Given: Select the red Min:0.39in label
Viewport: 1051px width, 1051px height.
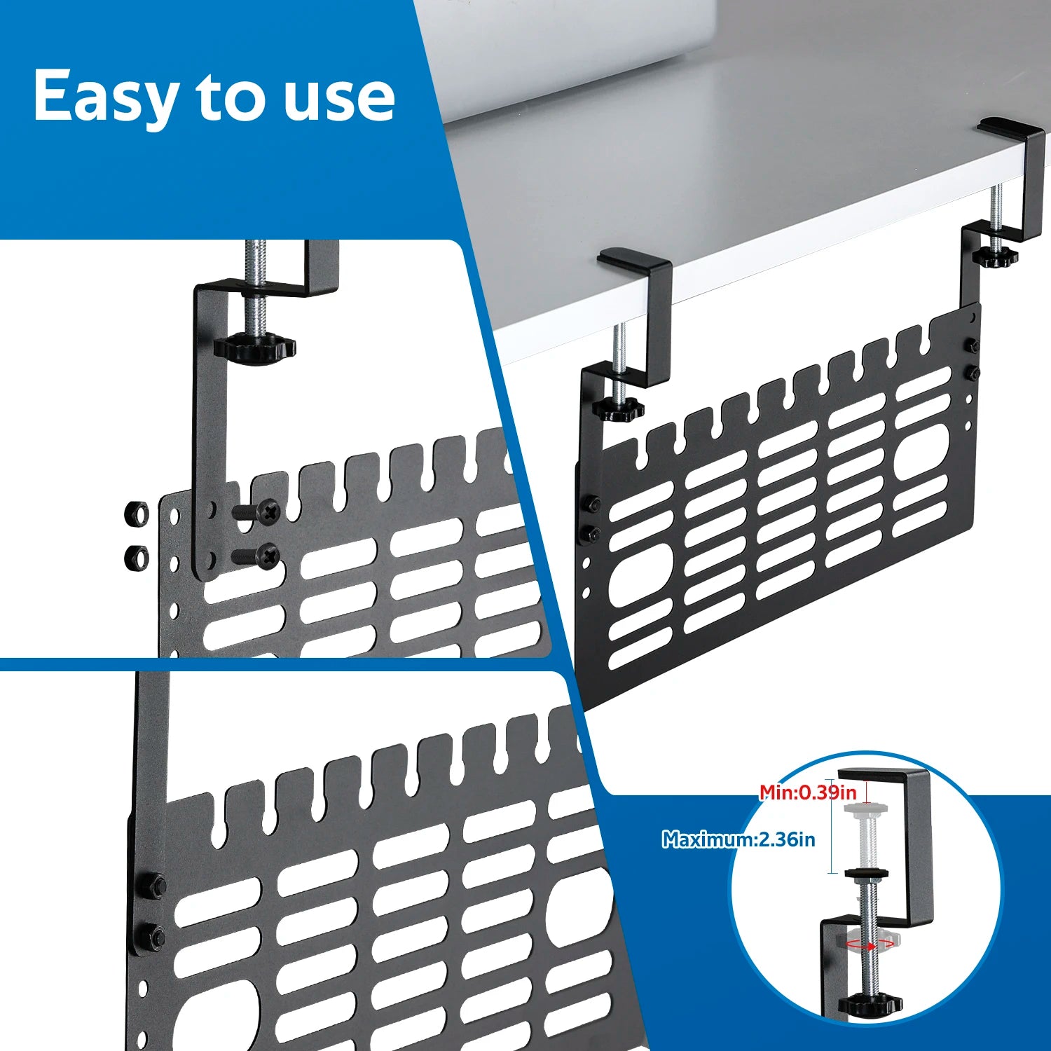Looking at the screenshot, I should click(808, 792).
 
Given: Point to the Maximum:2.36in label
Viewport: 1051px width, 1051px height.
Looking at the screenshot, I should click(739, 839).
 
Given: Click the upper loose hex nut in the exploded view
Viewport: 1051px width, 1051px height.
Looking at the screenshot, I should click(136, 514).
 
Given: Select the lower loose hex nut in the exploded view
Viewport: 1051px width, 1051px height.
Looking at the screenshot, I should click(136, 558).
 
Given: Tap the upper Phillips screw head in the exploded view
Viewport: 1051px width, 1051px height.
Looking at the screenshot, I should click(268, 511).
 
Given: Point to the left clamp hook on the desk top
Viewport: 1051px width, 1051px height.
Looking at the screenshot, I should click(634, 260).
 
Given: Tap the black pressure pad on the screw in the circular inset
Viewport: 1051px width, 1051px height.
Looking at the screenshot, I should click(866, 873).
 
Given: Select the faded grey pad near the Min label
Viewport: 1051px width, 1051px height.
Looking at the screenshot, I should click(866, 808).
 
